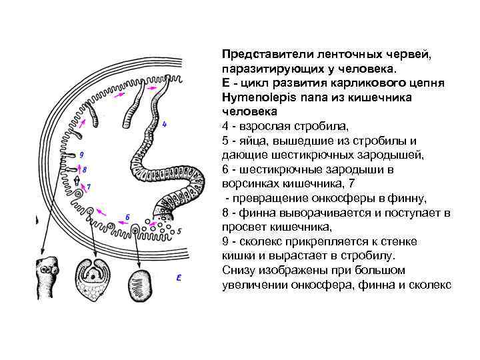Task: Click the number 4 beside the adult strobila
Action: coord(165,124)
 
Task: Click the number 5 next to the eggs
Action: coord(179,231)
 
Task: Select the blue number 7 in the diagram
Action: coord(89,187)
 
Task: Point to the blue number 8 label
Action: coord(84,169)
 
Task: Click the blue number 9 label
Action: coord(81,155)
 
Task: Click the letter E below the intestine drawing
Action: coord(179,277)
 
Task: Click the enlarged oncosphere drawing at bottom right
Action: coord(140,283)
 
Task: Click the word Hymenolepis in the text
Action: coord(253,98)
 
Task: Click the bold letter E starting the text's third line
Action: coord(225,84)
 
